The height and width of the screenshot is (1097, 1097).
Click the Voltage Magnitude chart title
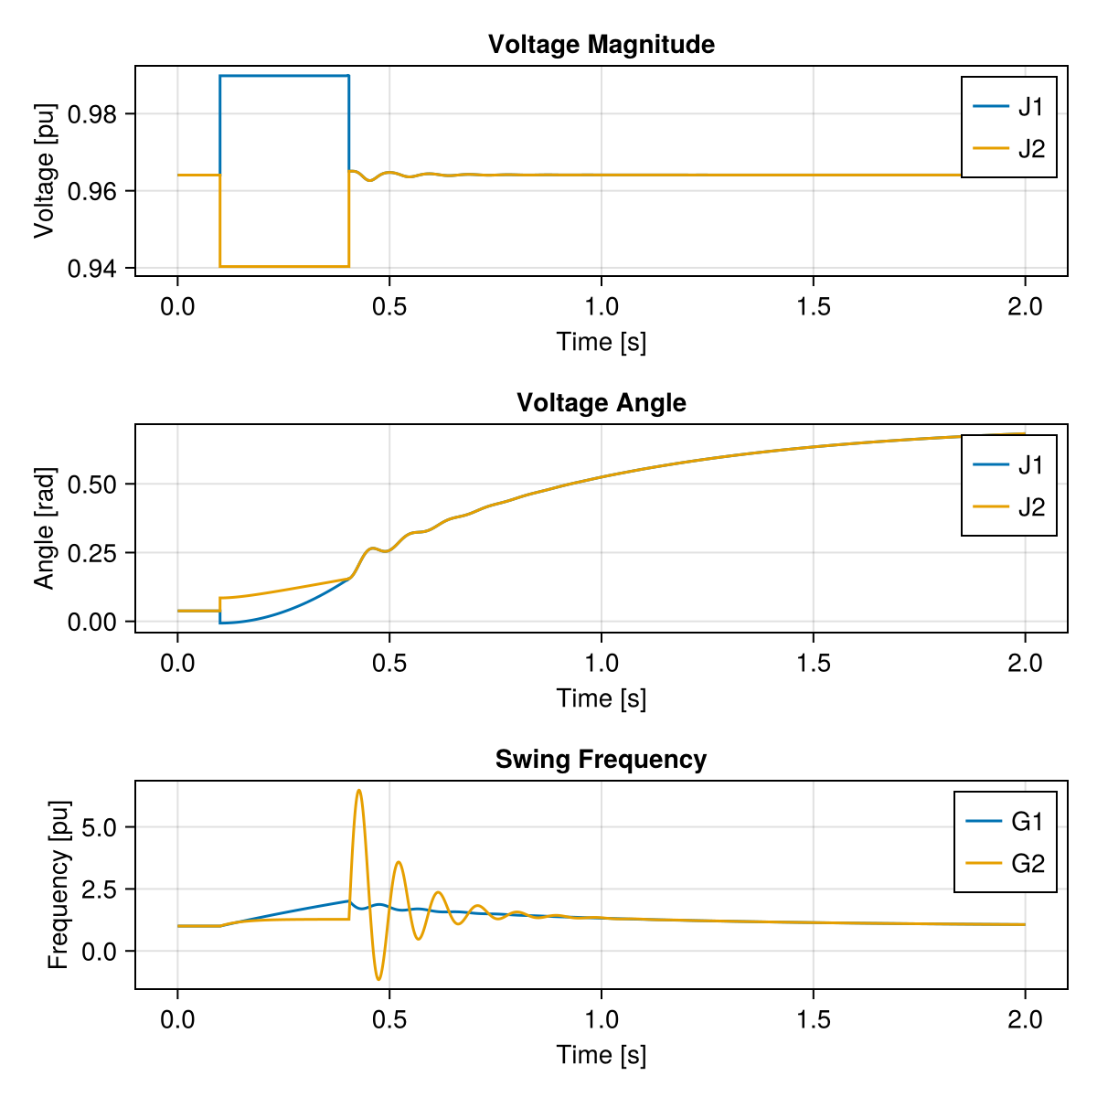pos(601,44)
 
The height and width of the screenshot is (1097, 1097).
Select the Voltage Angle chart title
pos(601,402)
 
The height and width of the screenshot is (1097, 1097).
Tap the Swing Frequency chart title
pos(601,760)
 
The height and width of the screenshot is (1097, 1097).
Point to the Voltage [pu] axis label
pos(44,171)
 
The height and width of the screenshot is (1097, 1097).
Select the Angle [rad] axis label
pos(44,528)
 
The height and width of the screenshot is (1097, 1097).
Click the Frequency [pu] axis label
pos(58,884)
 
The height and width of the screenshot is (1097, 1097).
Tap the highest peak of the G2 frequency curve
pos(359,791)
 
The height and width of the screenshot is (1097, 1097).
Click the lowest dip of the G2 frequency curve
pos(378,979)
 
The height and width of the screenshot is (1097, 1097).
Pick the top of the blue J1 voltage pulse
pos(284,76)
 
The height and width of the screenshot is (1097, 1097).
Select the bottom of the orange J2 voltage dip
pos(284,266)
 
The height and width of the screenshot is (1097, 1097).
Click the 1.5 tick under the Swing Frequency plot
pos(813,1018)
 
